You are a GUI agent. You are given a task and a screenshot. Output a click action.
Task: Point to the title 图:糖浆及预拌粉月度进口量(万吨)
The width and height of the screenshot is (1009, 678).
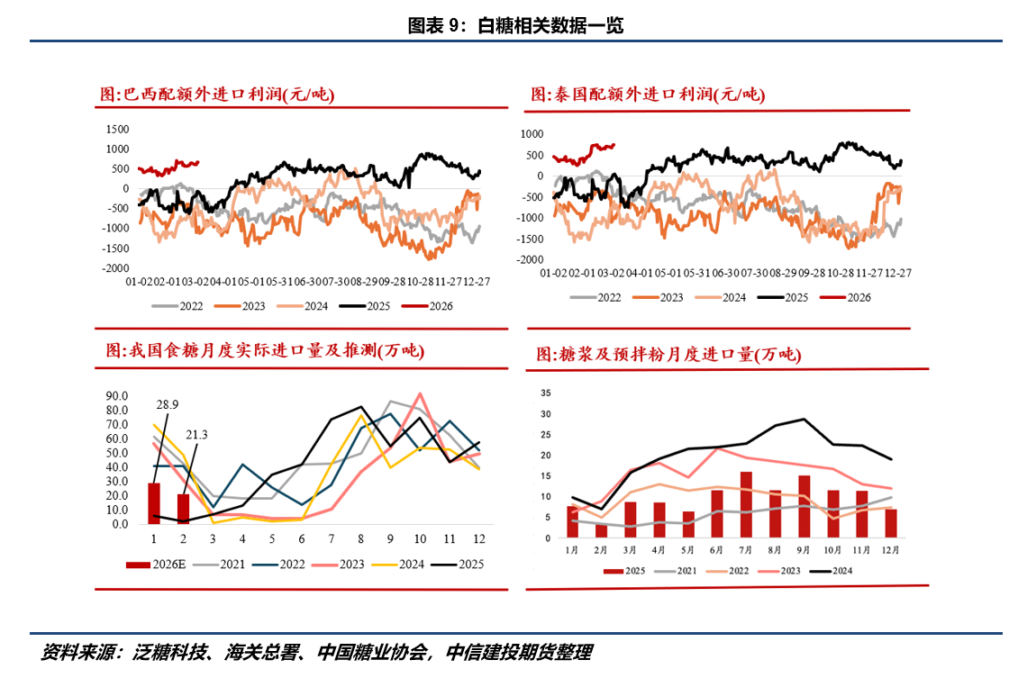668,354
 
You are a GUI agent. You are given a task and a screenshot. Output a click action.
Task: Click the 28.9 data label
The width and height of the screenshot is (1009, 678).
168,405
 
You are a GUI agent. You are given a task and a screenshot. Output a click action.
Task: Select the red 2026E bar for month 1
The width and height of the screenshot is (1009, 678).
154,503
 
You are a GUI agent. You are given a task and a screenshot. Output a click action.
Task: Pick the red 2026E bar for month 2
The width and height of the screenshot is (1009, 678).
184,509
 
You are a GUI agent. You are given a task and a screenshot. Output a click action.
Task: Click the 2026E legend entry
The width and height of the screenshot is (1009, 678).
157,565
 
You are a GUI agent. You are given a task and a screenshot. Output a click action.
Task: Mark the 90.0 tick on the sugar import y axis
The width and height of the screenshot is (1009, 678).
118,395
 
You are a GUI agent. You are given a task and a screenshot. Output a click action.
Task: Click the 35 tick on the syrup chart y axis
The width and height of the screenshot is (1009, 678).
545,393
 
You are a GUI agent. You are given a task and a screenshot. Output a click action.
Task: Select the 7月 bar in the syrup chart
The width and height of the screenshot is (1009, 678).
746,504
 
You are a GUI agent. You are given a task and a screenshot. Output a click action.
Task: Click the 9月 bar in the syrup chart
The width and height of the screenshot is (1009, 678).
804,506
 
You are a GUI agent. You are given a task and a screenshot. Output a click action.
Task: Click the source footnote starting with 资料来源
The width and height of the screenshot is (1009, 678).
315,653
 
